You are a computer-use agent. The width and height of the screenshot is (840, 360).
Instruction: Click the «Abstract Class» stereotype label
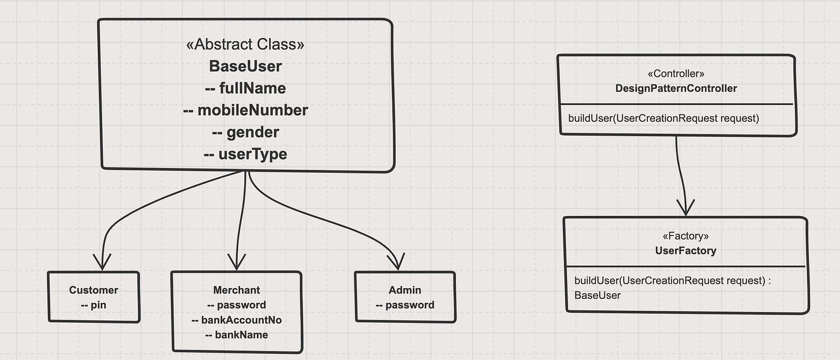pyautogui.click(x=245, y=44)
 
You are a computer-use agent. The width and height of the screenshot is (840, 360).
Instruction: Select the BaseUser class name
pyautogui.click(x=245, y=66)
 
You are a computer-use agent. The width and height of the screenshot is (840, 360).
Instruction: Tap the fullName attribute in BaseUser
pyautogui.click(x=245, y=88)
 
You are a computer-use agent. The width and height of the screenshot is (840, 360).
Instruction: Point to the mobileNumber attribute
pyautogui.click(x=245, y=110)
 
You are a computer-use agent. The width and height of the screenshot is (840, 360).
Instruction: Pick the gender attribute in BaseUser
pyautogui.click(x=245, y=132)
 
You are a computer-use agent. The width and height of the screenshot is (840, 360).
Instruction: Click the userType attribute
pyautogui.click(x=245, y=154)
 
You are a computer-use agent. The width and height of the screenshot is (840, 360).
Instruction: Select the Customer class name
pyautogui.click(x=94, y=290)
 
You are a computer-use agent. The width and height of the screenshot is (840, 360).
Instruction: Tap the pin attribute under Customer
pyautogui.click(x=94, y=305)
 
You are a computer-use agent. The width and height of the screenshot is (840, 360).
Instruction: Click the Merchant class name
pyautogui.click(x=236, y=290)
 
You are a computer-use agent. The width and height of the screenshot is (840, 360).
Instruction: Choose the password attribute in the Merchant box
pyautogui.click(x=236, y=305)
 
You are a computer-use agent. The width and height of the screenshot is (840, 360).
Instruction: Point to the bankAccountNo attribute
pyautogui.click(x=236, y=320)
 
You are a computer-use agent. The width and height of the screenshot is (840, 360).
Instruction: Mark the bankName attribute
pyautogui.click(x=236, y=335)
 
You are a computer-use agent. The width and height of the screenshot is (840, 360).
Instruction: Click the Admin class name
pyautogui.click(x=405, y=290)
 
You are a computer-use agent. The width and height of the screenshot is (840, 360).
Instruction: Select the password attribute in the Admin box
pyautogui.click(x=405, y=305)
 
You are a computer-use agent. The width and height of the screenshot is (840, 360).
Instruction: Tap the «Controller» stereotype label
pyautogui.click(x=676, y=74)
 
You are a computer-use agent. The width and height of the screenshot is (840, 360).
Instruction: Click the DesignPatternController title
pyautogui.click(x=676, y=88)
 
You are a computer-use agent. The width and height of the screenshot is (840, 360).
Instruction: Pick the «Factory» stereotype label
pyautogui.click(x=685, y=236)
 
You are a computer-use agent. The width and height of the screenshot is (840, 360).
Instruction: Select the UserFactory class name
pyautogui.click(x=685, y=251)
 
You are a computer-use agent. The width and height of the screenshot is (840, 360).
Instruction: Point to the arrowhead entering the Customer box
pyautogui.click(x=103, y=263)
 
